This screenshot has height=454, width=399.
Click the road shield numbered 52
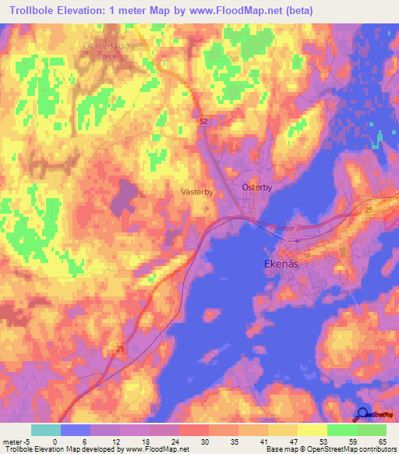[203, 122]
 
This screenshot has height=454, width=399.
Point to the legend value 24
[178, 441]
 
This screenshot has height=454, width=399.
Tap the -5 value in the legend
[28, 441]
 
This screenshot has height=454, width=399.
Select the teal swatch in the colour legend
[46, 430]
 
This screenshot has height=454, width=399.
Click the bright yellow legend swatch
[312, 430]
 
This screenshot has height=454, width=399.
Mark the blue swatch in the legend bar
[76, 430]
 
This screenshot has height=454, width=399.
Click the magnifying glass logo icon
[362, 414]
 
